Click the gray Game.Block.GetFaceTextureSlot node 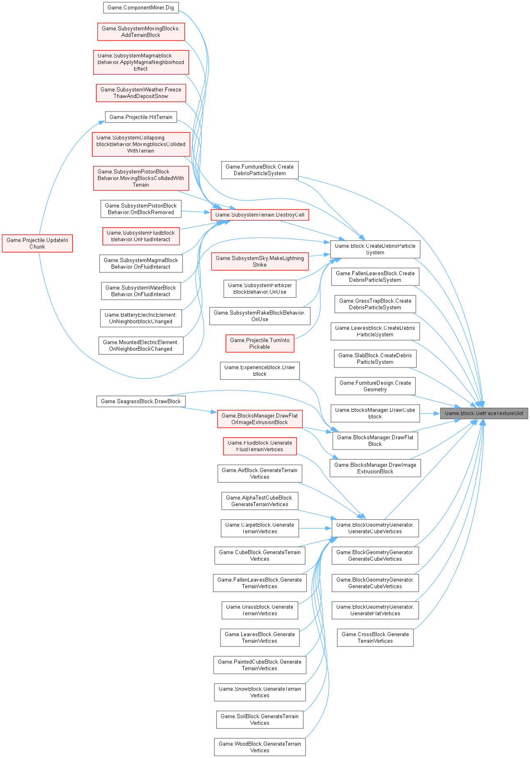pos(484,413)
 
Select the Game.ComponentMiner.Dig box pos(141,7)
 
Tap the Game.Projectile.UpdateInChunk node pos(37,243)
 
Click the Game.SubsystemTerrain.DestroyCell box pos(260,215)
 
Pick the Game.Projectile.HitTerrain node pos(141,117)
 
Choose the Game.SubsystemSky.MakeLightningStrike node pos(260,261)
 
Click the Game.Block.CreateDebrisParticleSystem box pos(375,249)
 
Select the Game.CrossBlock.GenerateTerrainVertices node pos(375,637)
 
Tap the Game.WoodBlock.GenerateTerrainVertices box pos(260,747)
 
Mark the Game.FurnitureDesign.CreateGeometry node pos(375,386)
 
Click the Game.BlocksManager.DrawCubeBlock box pos(375,413)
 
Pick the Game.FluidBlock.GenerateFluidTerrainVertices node pos(260,446)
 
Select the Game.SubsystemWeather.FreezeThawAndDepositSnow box pos(141,93)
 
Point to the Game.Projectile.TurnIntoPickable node pos(260,343)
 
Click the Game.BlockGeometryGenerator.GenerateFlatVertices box pos(375,610)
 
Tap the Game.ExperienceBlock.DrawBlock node pos(260,370)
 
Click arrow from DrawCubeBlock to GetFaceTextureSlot pos(429,413)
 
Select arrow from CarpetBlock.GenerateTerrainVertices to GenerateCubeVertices pos(315,528)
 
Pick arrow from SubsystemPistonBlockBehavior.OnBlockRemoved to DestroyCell pos(196,212)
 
